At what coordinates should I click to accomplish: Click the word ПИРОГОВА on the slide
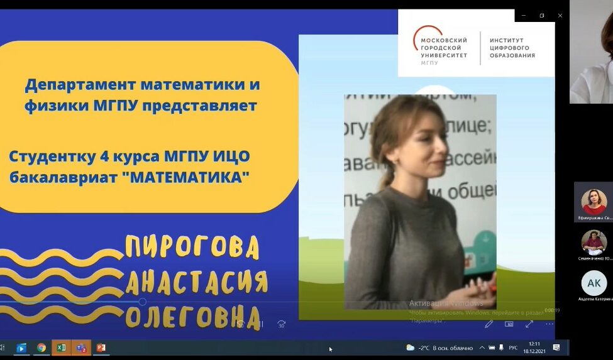coord(192,247)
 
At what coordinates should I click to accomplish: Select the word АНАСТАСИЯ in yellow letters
coord(196,283)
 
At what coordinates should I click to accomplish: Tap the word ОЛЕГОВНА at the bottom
coord(192,317)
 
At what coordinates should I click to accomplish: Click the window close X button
coord(560,15)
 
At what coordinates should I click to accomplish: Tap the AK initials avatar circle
coord(594,283)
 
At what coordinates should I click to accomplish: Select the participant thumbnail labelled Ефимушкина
coord(594,202)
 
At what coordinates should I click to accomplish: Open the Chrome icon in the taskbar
coord(41,347)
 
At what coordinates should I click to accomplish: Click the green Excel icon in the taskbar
coord(61,347)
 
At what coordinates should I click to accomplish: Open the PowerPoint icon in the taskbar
coord(101,347)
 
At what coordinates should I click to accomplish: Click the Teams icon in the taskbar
coord(80,347)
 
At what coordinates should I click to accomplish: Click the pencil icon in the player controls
coord(489,324)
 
